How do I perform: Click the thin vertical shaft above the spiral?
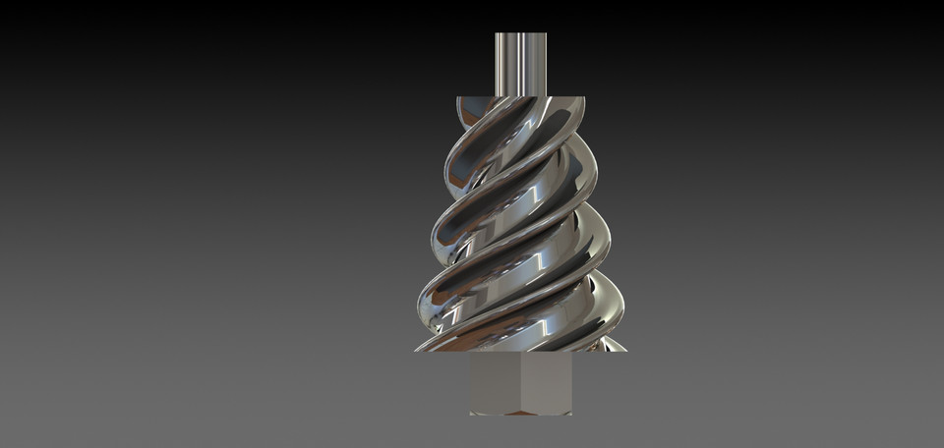(520, 64)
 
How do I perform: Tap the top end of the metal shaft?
(520, 34)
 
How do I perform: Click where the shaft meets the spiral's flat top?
(520, 96)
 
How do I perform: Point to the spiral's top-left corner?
(457, 97)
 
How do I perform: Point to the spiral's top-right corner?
(584, 97)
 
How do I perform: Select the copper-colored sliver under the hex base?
(520, 413)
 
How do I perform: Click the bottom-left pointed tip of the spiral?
(416, 350)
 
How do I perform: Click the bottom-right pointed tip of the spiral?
(625, 350)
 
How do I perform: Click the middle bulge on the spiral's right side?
(607, 241)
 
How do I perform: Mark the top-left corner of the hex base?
(471, 353)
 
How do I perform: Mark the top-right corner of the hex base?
(571, 353)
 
